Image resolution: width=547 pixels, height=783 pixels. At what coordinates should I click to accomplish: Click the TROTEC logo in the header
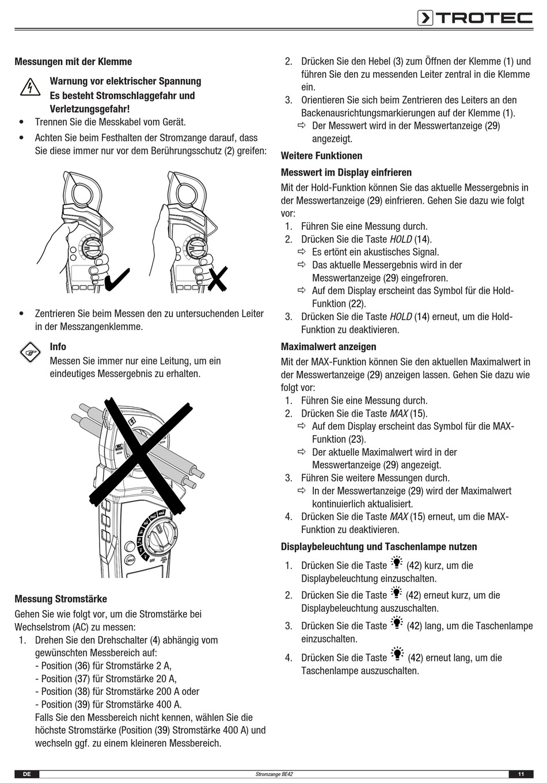click(x=475, y=18)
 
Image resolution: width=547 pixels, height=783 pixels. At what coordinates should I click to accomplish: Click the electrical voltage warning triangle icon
click(x=28, y=88)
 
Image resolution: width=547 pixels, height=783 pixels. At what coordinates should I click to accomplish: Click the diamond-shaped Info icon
click(x=29, y=352)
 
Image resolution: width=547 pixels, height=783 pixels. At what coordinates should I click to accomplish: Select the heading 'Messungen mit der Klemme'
click(x=73, y=62)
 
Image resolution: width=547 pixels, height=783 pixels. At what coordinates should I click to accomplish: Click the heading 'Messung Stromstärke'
click(x=60, y=599)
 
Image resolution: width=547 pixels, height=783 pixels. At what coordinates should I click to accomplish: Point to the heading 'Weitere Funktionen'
click(x=321, y=155)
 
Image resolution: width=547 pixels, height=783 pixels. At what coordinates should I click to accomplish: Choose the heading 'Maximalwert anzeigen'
click(x=328, y=347)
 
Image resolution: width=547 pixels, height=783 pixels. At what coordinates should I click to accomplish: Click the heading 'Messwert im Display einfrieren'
click(x=346, y=172)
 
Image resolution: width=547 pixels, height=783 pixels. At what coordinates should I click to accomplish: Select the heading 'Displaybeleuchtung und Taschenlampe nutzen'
click(x=379, y=546)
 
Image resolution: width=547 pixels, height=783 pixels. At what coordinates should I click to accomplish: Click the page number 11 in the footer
click(x=521, y=774)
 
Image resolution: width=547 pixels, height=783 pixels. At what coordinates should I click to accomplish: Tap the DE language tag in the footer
click(x=26, y=774)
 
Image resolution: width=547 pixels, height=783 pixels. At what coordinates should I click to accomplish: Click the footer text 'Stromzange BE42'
click(x=273, y=774)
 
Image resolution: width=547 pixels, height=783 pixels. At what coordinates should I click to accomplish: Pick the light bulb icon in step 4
click(x=397, y=655)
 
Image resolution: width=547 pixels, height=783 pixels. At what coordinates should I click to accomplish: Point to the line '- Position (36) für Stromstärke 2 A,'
click(x=103, y=666)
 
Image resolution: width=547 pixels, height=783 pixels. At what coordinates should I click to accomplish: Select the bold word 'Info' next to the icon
click(x=58, y=347)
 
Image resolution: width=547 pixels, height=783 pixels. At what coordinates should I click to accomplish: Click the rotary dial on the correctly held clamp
click(x=92, y=249)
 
